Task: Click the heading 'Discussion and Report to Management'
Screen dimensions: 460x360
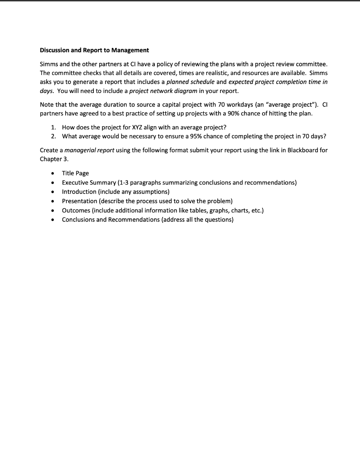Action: [94, 50]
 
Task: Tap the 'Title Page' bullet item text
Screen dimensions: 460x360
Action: [75, 173]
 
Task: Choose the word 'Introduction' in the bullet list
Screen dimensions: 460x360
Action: [79, 192]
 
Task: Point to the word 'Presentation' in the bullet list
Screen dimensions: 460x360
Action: [79, 201]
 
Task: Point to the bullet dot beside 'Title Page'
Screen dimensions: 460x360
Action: [53, 173]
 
